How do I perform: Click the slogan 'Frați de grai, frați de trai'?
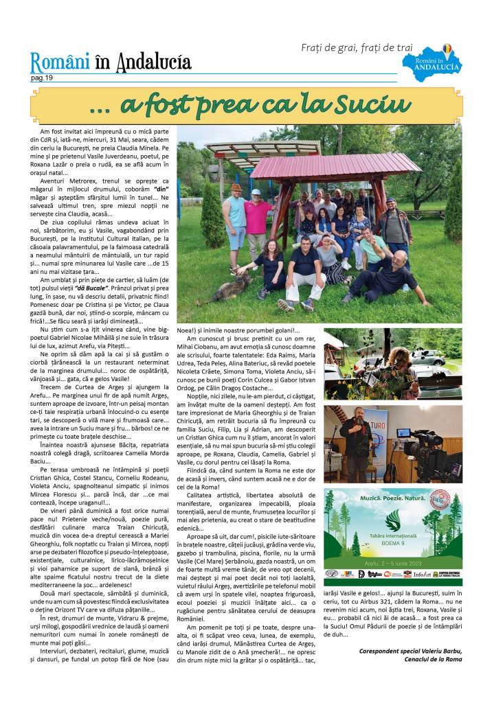coord(357,47)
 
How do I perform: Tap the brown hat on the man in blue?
coord(236,187)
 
